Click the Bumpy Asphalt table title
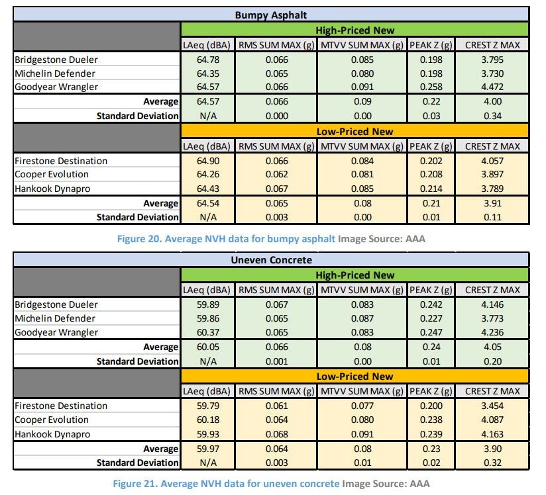click(x=271, y=15)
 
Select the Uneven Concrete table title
click(x=271, y=259)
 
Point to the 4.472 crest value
click(x=492, y=87)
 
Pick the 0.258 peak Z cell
click(x=431, y=87)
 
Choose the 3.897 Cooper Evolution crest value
click(x=492, y=175)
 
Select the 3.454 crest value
click(x=492, y=406)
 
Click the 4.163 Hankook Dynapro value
click(x=492, y=434)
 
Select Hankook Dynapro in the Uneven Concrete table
click(x=52, y=434)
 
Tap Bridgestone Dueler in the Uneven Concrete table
click(x=56, y=304)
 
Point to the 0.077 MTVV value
click(x=361, y=406)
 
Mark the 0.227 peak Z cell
click(x=431, y=318)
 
